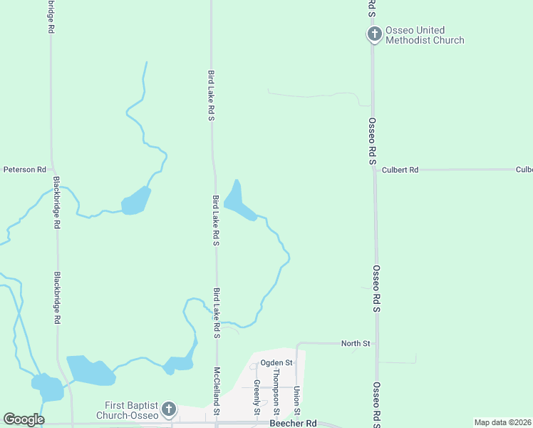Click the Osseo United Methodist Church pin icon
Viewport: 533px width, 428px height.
point(374,34)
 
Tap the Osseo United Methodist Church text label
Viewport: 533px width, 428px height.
point(425,35)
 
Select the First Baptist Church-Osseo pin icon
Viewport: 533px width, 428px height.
point(168,409)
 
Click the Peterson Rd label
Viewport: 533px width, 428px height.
point(24,170)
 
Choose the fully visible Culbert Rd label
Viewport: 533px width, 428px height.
point(400,170)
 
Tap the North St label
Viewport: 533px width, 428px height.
point(355,344)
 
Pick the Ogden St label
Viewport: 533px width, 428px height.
point(276,363)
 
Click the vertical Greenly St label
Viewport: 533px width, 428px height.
point(257,397)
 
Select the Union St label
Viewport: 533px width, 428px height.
point(296,401)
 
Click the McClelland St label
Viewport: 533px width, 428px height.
point(217,392)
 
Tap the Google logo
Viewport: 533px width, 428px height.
point(24,419)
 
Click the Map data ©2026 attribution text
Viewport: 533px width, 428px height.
point(503,422)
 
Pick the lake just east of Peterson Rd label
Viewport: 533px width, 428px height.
point(135,202)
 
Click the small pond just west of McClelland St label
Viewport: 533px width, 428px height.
point(179,364)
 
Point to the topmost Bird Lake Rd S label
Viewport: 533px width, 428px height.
point(212,95)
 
